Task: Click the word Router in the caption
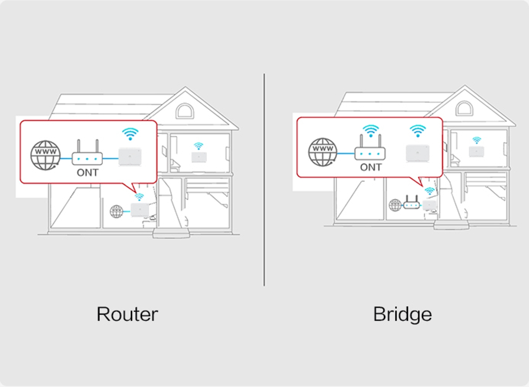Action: tap(127, 314)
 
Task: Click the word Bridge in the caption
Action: tap(402, 314)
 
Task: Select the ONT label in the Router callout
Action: tap(87, 172)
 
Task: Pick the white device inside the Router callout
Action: tap(130, 156)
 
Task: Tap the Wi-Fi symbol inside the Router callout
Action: tap(130, 133)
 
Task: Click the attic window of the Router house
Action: tap(184, 111)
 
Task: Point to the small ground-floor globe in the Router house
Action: tap(116, 212)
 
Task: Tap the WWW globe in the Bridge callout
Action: tap(322, 152)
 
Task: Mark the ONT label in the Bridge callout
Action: tap(370, 167)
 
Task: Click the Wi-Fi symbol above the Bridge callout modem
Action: tap(371, 130)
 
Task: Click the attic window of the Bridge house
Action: tap(464, 108)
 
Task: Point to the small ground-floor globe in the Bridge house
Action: tap(395, 205)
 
